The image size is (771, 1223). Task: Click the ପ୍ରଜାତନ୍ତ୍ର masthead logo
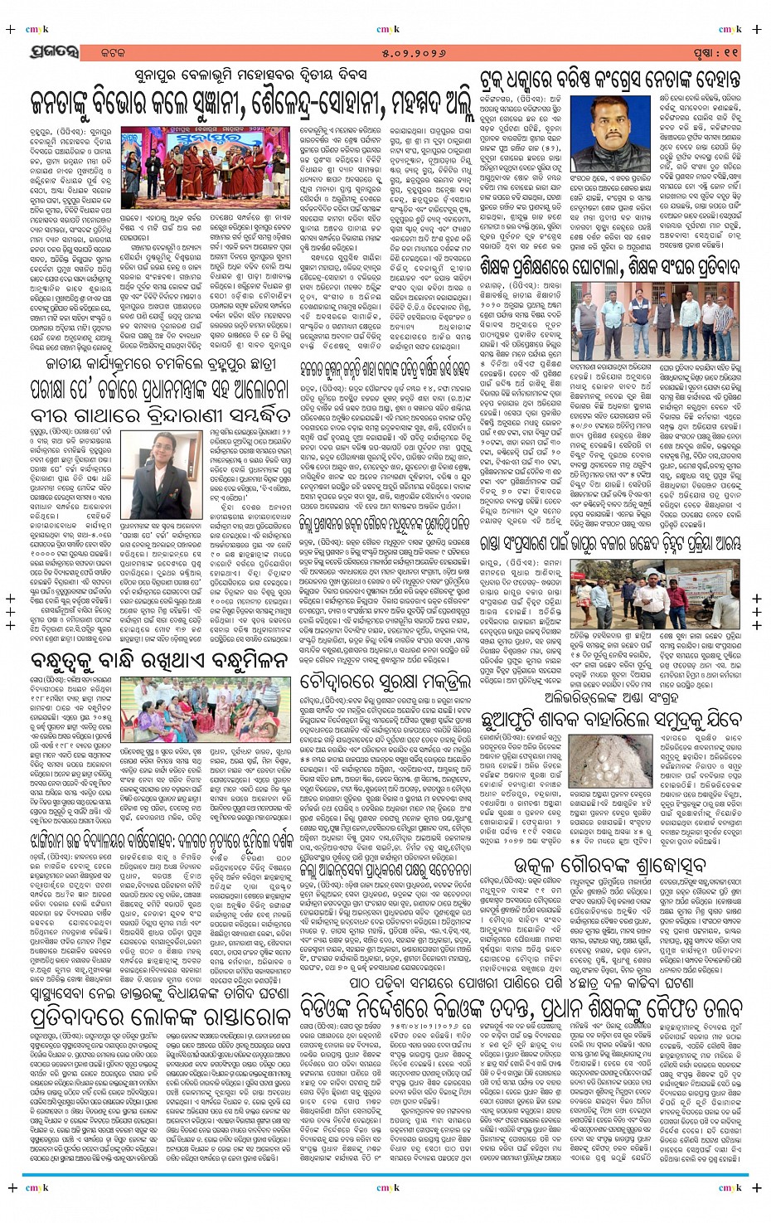[x=56, y=52]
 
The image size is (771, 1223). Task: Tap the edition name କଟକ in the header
[x=112, y=53]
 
